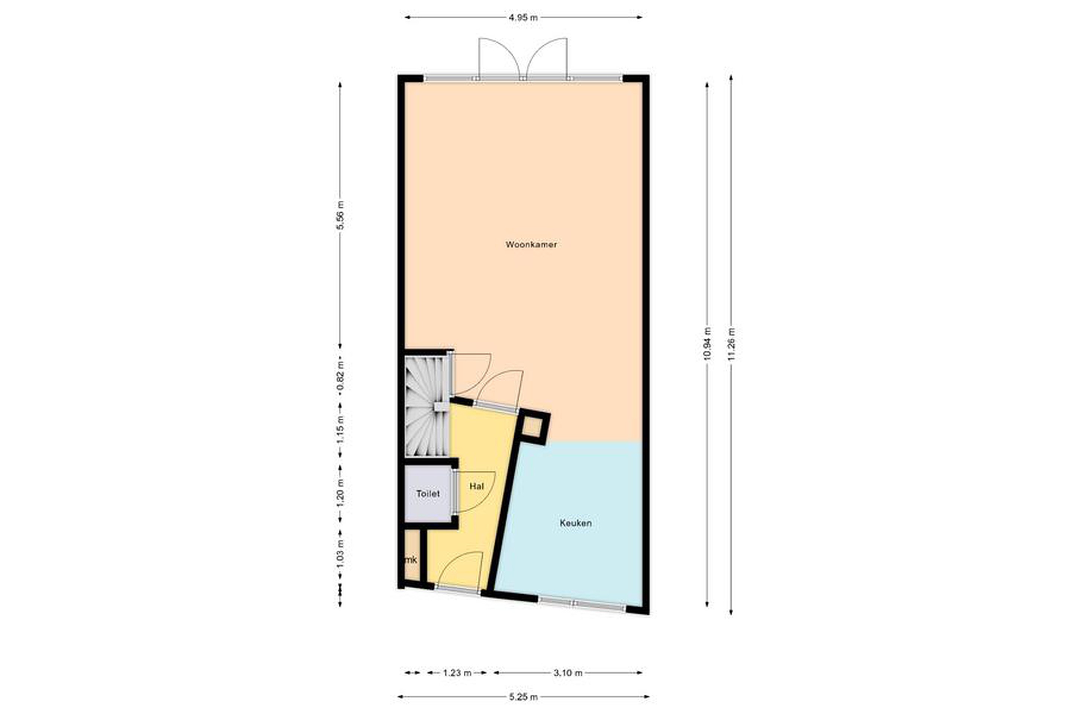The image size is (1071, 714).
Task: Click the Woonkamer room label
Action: point(531,245)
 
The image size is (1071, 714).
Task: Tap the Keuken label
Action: point(576,523)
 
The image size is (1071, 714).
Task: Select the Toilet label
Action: point(428,493)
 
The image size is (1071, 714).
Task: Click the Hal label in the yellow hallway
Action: point(476,486)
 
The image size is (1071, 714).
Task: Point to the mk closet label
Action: point(411,560)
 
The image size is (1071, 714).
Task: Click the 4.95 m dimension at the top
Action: point(523,18)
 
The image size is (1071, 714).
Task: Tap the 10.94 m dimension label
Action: point(707,344)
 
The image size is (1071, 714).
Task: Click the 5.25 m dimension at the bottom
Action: point(523,697)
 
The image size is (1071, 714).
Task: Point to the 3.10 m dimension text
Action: point(568,673)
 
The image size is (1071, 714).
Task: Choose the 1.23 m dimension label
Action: point(457,673)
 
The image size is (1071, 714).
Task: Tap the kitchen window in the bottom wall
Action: point(582,604)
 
